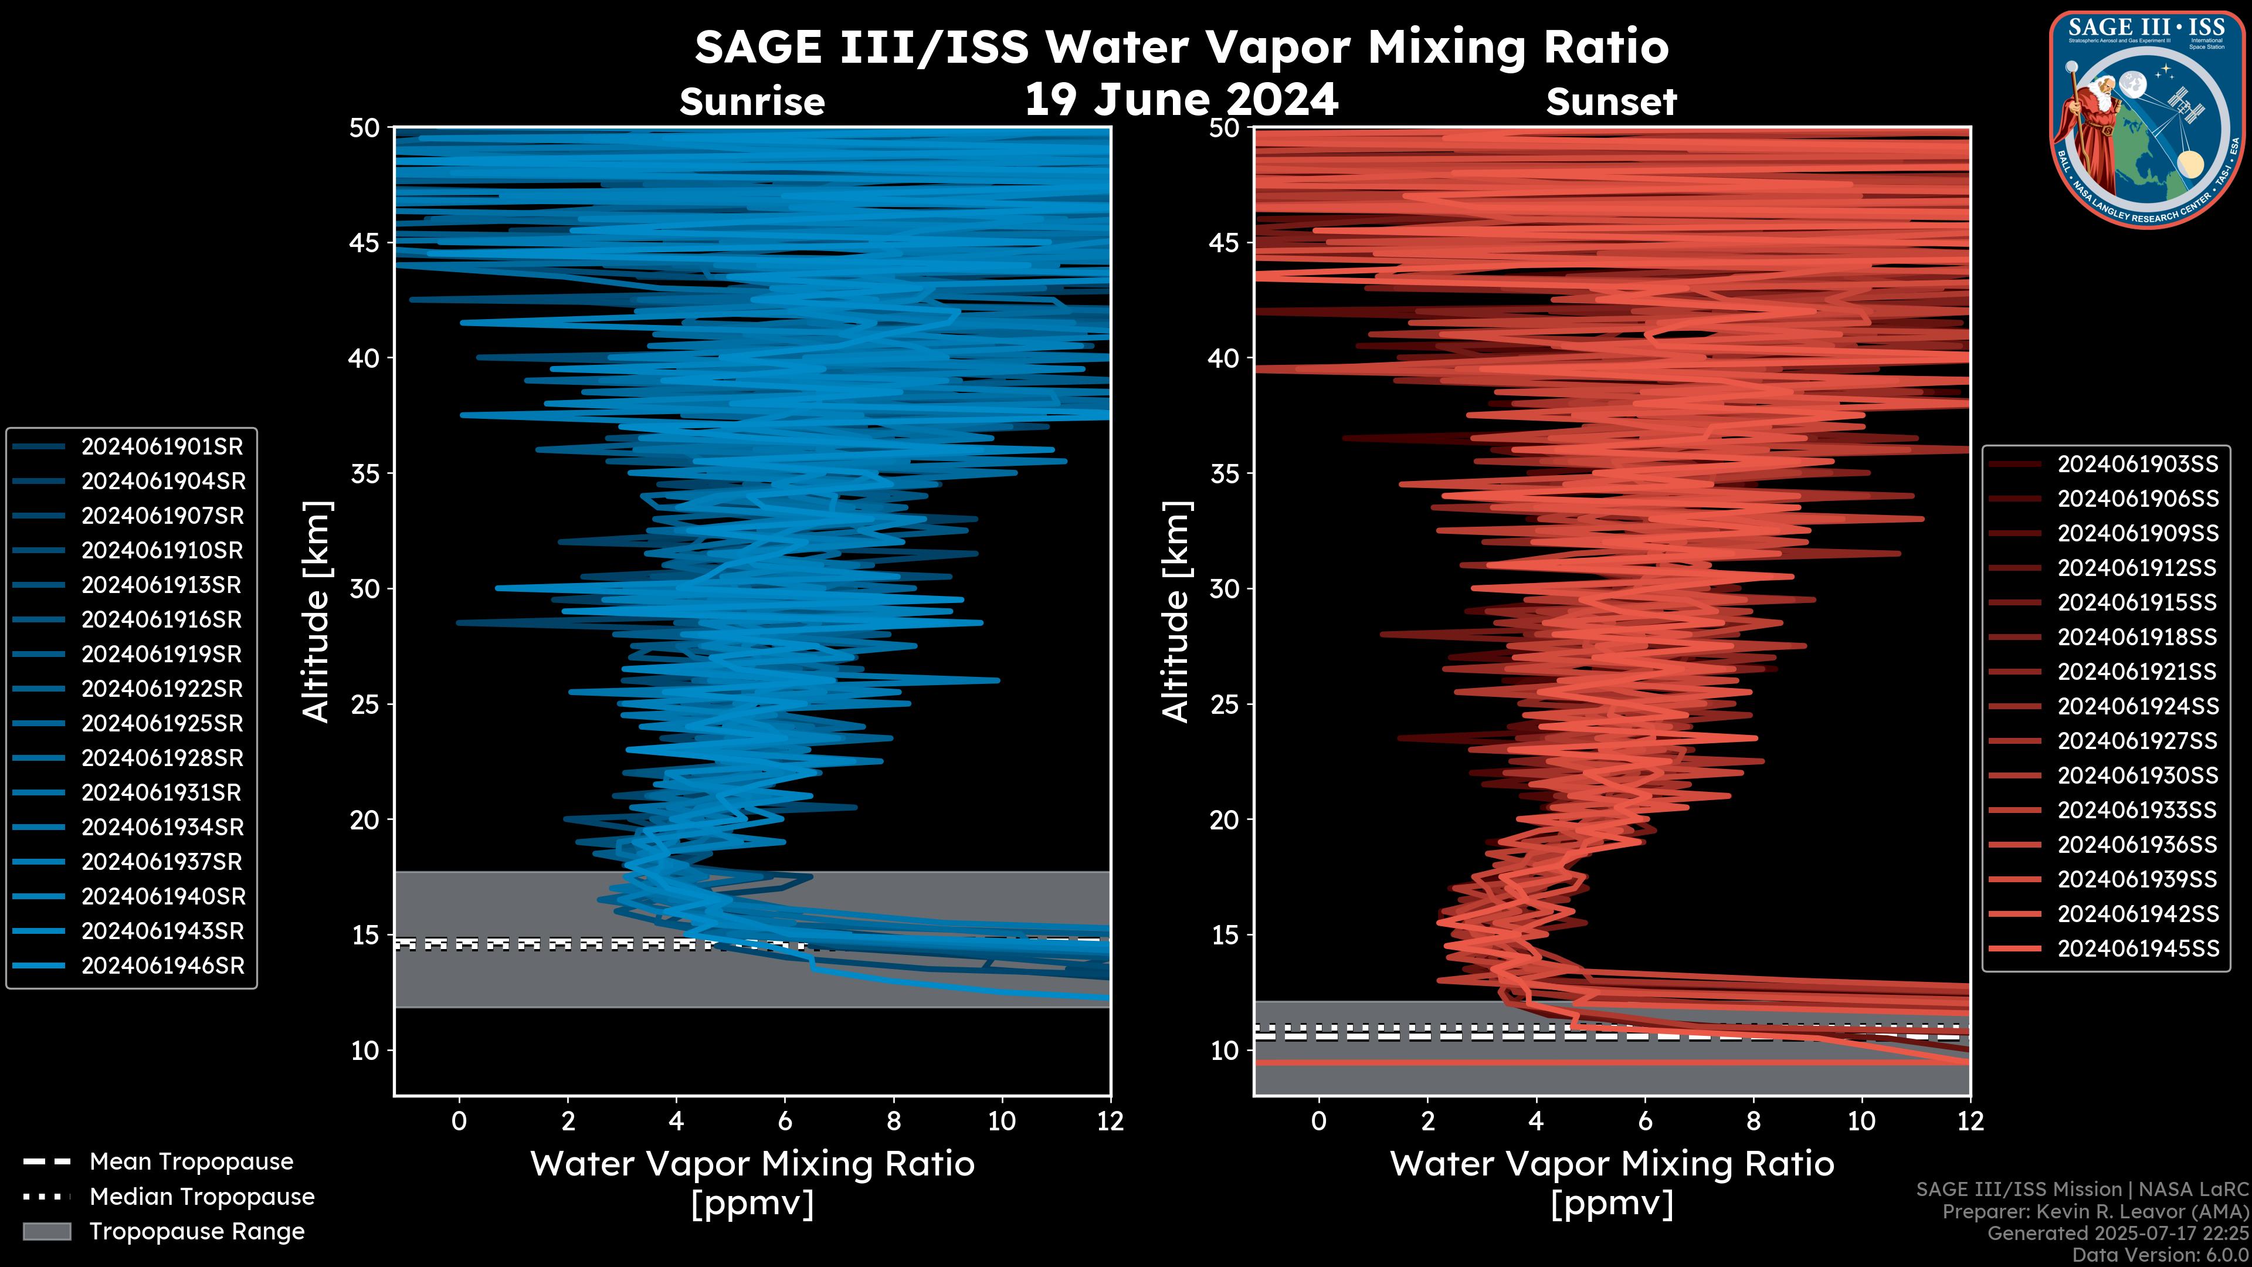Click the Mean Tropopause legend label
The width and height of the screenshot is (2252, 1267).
[x=191, y=1162]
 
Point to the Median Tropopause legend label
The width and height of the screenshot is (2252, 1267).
[x=202, y=1197]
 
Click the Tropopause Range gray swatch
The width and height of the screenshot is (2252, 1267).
[x=46, y=1232]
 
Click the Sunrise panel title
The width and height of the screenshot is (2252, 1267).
[x=752, y=102]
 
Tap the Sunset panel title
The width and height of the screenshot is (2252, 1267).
[x=1611, y=102]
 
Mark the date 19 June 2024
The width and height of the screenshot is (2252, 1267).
[x=1181, y=100]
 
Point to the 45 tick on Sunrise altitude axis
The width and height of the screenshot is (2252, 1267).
[x=365, y=242]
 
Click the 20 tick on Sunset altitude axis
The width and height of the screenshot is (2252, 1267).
[x=1225, y=820]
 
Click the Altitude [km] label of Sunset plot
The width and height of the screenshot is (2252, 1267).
[x=1176, y=612]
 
